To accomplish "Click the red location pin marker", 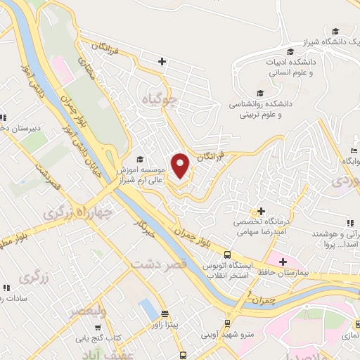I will click(181, 166).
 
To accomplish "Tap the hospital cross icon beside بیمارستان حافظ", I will click(282, 262).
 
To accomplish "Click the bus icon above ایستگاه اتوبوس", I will click(226, 255).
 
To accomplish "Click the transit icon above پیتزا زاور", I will click(165, 314).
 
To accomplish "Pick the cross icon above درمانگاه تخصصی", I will click(261, 211).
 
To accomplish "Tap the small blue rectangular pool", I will click(148, 308).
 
